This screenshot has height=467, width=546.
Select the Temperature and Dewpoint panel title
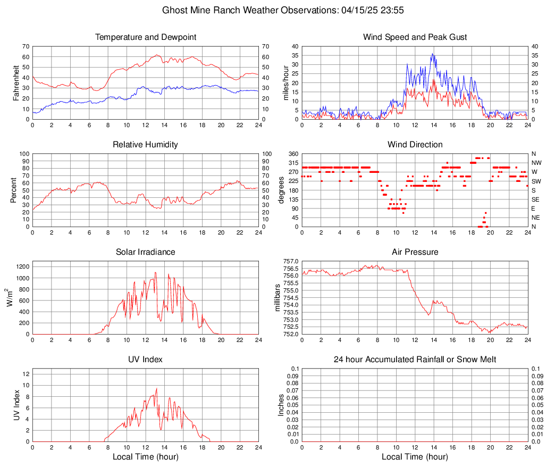click(146, 37)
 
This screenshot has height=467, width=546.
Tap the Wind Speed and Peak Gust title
click(415, 37)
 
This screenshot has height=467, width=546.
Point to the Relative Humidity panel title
click(146, 145)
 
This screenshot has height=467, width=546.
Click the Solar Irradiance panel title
click(146, 252)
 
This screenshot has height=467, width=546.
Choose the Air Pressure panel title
click(415, 252)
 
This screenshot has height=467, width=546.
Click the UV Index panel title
click(146, 360)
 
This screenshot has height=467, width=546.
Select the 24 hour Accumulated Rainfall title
click(415, 360)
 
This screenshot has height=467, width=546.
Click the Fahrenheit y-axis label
click(16, 83)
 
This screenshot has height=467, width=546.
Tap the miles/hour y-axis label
click(285, 83)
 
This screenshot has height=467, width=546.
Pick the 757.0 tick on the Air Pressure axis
click(291, 262)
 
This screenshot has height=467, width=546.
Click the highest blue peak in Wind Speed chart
click(432, 53)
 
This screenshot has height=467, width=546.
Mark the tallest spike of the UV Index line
click(156, 388)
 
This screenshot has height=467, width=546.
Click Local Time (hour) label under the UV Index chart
click(146, 457)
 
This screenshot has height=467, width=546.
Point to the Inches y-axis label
click(282, 405)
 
